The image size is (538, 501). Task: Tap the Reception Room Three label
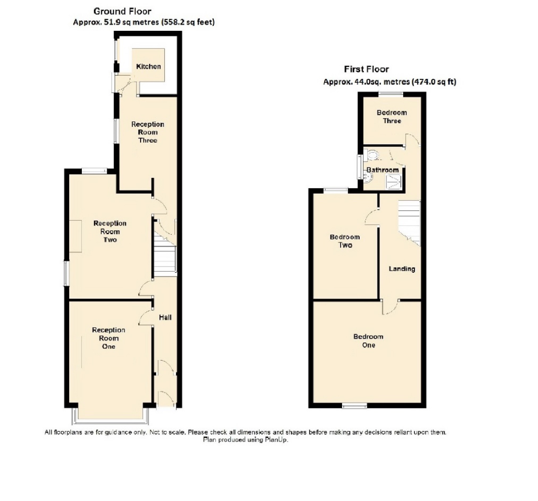click(x=147, y=132)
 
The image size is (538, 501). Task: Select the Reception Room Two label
click(x=110, y=231)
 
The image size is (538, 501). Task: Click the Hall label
click(x=165, y=317)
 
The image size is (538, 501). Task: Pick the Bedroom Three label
click(x=392, y=117)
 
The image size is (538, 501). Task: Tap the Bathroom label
click(x=382, y=170)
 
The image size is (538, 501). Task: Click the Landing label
click(x=402, y=269)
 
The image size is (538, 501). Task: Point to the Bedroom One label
click(x=368, y=341)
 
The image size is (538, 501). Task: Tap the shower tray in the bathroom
click(x=394, y=182)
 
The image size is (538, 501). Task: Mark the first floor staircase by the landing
click(x=409, y=222)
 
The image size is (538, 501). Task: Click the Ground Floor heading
click(x=122, y=11)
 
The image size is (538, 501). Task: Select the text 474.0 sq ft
click(x=434, y=82)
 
